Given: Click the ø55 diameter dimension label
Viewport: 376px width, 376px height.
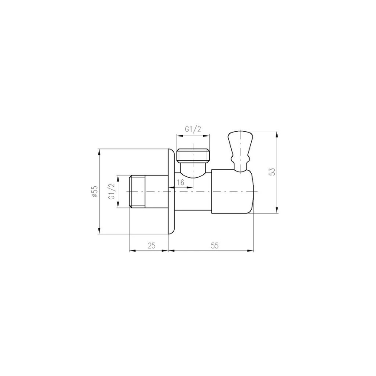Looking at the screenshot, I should pyautogui.click(x=94, y=192).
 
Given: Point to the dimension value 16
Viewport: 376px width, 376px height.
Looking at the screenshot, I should pyautogui.click(x=181, y=182).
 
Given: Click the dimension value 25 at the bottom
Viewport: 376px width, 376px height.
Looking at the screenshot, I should pyautogui.click(x=151, y=245).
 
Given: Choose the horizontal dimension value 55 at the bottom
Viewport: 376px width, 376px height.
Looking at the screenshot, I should pyautogui.click(x=214, y=245).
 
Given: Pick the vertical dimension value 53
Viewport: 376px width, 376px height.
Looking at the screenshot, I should pyautogui.click(x=272, y=171).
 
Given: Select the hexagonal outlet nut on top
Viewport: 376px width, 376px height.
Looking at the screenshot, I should pyautogui.click(x=193, y=155).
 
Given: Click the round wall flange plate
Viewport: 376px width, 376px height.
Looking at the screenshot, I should pyautogui.click(x=171, y=191).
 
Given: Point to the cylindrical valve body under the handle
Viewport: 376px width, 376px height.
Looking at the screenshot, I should pyautogui.click(x=232, y=191).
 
